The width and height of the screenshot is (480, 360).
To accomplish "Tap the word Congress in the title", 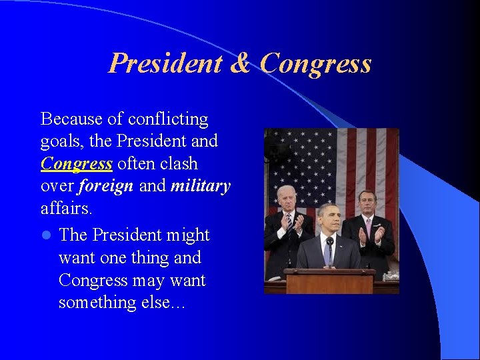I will (x=315, y=63).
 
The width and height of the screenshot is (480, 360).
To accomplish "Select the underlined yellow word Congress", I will (x=76, y=164).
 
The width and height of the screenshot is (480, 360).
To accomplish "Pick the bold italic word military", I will (x=200, y=187).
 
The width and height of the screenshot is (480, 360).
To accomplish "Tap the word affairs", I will (x=67, y=209).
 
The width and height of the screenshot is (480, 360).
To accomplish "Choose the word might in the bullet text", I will (x=188, y=235).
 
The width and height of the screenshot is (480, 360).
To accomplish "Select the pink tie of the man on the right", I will (x=368, y=229).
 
